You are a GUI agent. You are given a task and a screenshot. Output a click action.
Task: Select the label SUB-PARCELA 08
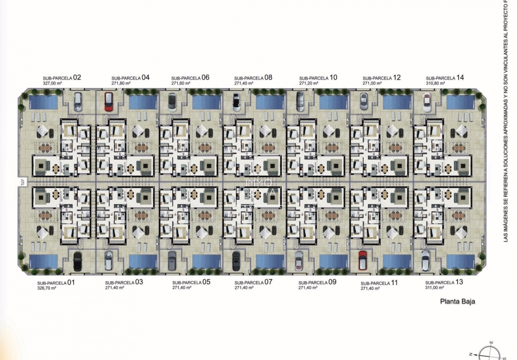(x=253, y=77)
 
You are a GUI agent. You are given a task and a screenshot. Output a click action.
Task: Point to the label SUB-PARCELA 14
(x=445, y=77)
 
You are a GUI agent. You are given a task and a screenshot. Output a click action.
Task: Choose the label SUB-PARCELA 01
(x=56, y=282)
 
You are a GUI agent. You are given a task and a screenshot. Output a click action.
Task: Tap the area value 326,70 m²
(x=47, y=288)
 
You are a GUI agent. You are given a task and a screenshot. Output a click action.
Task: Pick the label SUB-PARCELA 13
(x=444, y=282)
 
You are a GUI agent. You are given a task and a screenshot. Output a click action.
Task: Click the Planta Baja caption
(x=458, y=302)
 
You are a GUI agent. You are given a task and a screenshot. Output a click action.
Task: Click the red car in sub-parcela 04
(x=108, y=101)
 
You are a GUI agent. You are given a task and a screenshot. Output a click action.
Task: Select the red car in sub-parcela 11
(x=363, y=260)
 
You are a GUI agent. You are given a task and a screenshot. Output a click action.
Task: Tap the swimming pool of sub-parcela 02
(x=43, y=102)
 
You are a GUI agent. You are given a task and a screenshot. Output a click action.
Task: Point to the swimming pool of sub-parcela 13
(x=460, y=261)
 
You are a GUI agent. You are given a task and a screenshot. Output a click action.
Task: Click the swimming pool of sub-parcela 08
(x=270, y=102)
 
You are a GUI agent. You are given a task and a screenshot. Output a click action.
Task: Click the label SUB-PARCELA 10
(x=318, y=77)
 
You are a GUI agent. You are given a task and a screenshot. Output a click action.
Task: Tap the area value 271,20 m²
(x=309, y=83)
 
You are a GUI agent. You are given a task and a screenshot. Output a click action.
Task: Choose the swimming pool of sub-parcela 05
(x=206, y=261)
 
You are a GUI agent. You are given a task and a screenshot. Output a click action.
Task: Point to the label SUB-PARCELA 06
(x=190, y=77)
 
